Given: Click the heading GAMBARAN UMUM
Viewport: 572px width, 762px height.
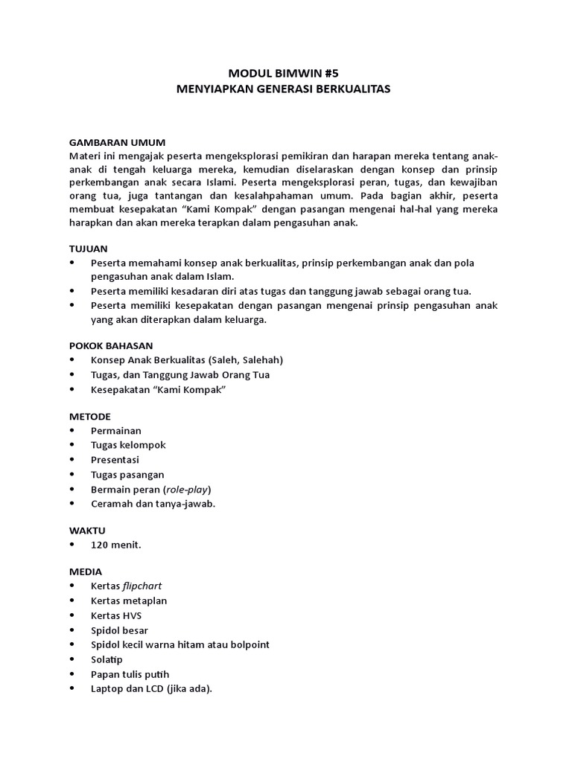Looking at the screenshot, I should point(117,141).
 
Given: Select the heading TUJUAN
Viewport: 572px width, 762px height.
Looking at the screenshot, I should point(89,249).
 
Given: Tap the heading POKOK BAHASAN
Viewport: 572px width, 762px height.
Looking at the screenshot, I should point(111,345).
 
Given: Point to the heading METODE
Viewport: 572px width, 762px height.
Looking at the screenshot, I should point(90,416).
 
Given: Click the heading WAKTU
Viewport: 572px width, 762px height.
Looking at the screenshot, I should point(88,531).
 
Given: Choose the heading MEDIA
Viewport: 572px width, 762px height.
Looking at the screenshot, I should point(86,571).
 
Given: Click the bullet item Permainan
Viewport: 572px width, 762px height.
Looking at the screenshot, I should point(115,430).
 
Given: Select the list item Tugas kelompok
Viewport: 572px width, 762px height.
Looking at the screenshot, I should point(128,445).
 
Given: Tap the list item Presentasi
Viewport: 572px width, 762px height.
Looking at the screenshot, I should point(115,460).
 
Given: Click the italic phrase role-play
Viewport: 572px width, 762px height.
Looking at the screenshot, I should point(187,489).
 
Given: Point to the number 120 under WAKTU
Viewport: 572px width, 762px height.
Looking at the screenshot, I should point(101,545).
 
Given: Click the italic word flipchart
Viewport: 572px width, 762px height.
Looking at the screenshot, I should point(142,586).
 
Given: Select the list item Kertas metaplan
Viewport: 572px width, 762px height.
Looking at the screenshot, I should point(129,601).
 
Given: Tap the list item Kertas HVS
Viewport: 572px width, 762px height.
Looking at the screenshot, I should point(115,615).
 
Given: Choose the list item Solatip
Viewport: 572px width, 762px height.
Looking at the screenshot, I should point(107,659).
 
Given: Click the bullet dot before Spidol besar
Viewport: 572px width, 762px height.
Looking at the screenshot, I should point(71,630).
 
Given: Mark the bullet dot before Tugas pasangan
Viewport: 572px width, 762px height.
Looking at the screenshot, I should point(71,475).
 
